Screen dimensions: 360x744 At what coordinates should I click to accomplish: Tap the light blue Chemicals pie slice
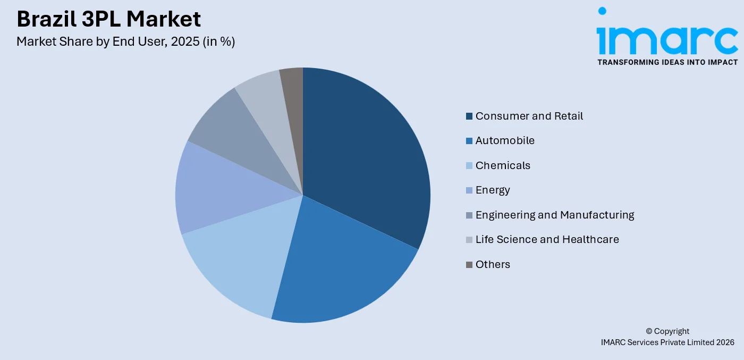[x=239, y=255]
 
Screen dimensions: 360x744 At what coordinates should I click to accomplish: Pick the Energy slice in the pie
[x=213, y=191]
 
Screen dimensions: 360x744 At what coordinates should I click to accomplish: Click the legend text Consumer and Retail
[x=529, y=116]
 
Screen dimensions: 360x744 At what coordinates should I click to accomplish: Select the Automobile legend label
[x=505, y=140]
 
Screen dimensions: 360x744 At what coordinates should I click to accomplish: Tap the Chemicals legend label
[x=503, y=165]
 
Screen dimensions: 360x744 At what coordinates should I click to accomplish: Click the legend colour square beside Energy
[x=469, y=190]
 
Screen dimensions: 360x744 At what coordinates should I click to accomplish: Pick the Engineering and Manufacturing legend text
[x=555, y=215]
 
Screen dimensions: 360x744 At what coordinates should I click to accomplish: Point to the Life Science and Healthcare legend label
[x=547, y=239]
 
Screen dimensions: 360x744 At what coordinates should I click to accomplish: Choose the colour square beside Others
[x=469, y=264]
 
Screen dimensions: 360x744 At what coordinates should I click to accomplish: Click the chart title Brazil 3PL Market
[x=109, y=19]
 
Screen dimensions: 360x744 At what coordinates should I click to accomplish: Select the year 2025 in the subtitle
[x=185, y=41]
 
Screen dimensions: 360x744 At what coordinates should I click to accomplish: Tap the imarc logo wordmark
[x=667, y=39]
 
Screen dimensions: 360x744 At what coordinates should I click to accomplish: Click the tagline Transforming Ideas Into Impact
[x=667, y=62]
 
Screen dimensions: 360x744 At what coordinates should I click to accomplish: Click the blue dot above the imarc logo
[x=602, y=11]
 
